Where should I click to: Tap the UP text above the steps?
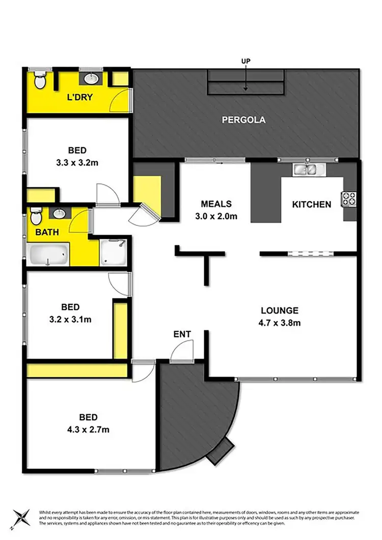[246, 61]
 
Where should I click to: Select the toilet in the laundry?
[40, 80]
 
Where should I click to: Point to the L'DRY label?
[79, 97]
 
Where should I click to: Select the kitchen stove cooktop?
[349, 198]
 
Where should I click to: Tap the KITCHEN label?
[311, 205]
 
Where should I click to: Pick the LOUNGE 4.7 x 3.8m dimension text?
[280, 322]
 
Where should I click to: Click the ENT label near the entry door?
[182, 334]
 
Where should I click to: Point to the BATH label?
[47, 232]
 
